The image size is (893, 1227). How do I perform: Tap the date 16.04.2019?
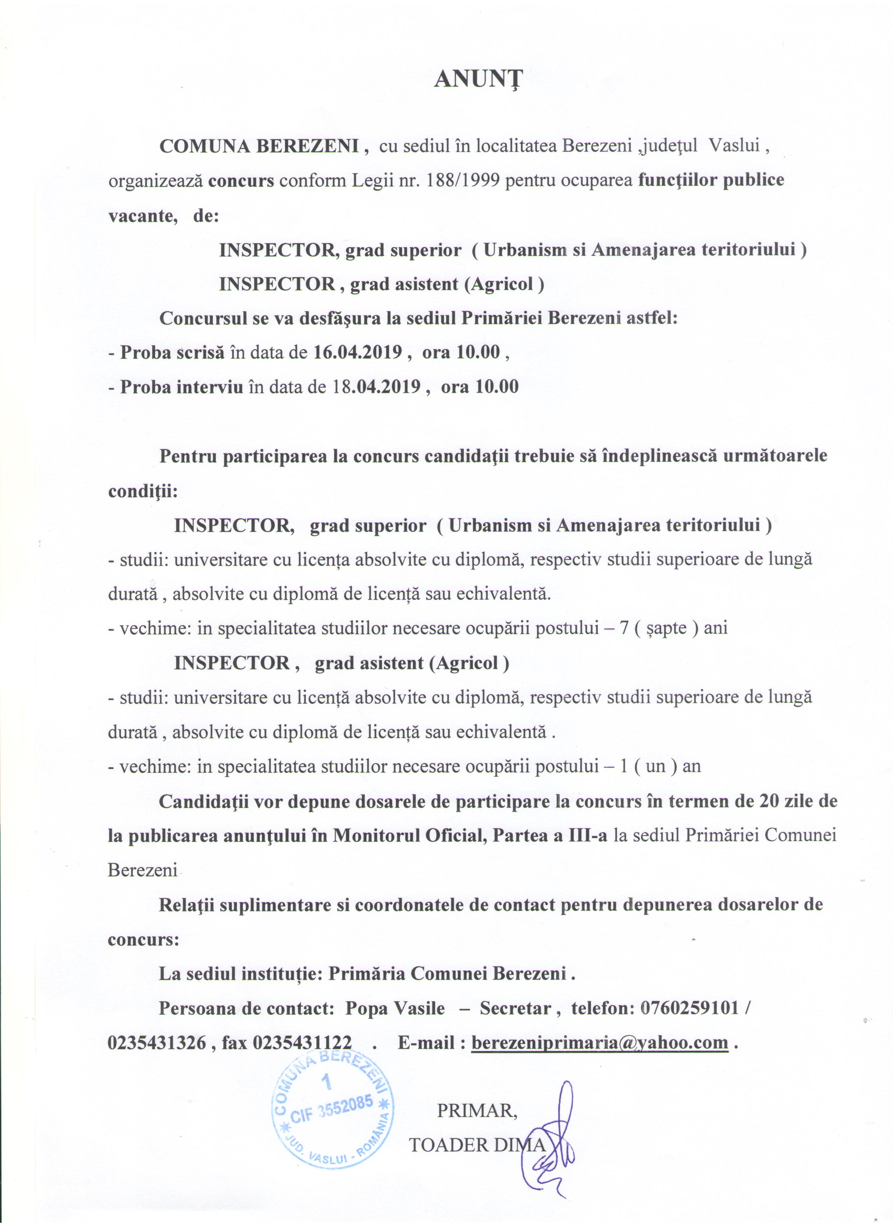pyautogui.click(x=358, y=353)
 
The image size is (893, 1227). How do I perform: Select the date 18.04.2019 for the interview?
pyautogui.click(x=374, y=387)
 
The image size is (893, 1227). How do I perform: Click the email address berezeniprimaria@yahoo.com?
pyautogui.click(x=600, y=1043)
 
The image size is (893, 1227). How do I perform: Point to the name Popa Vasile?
pyautogui.click(x=395, y=1008)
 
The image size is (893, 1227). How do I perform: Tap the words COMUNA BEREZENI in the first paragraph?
pyautogui.click(x=259, y=146)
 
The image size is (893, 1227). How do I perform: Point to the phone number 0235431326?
pyautogui.click(x=157, y=1043)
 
